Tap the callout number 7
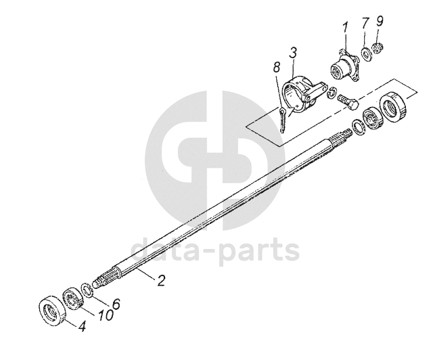pyautogui.click(x=365, y=24)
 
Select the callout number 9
pyautogui.click(x=380, y=22)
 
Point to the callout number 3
pyautogui.click(x=293, y=53)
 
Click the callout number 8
pyautogui.click(x=276, y=67)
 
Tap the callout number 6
pyautogui.click(x=116, y=304)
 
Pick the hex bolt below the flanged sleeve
pyautogui.click(x=348, y=102)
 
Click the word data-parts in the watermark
pyautogui.click(x=214, y=250)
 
